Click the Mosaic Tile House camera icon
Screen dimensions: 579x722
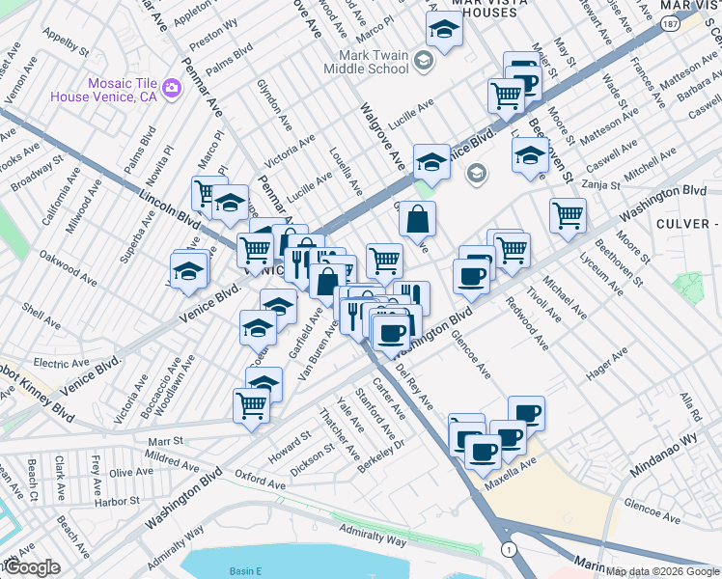tap(173, 89)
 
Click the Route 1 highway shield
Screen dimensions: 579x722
tap(510, 548)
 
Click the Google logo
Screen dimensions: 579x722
tap(32, 566)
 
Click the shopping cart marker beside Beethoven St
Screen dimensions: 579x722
tap(568, 215)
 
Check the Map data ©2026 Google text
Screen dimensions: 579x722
tap(662, 571)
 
